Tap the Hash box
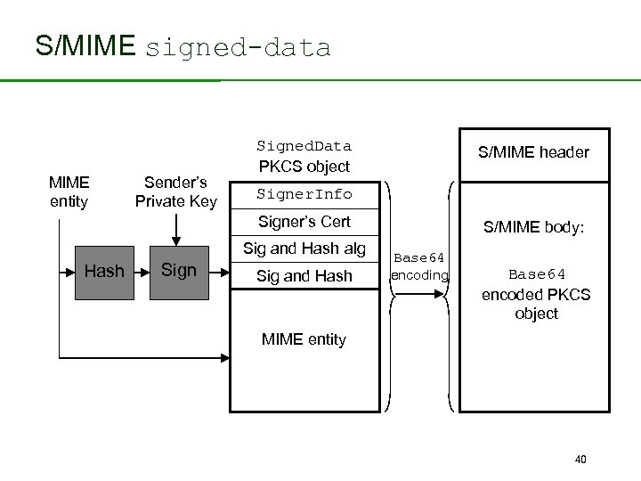click(x=104, y=271)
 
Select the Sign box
click(x=179, y=270)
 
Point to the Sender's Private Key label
click(x=176, y=192)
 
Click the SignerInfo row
click(x=304, y=194)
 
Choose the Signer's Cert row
click(x=304, y=222)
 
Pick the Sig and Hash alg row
click(x=304, y=249)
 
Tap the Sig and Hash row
click(x=304, y=276)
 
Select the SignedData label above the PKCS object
click(x=304, y=146)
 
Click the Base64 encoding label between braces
click(x=419, y=266)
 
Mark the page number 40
click(x=580, y=459)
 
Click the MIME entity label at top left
click(x=69, y=192)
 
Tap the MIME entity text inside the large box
click(x=304, y=339)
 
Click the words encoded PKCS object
click(x=536, y=304)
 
